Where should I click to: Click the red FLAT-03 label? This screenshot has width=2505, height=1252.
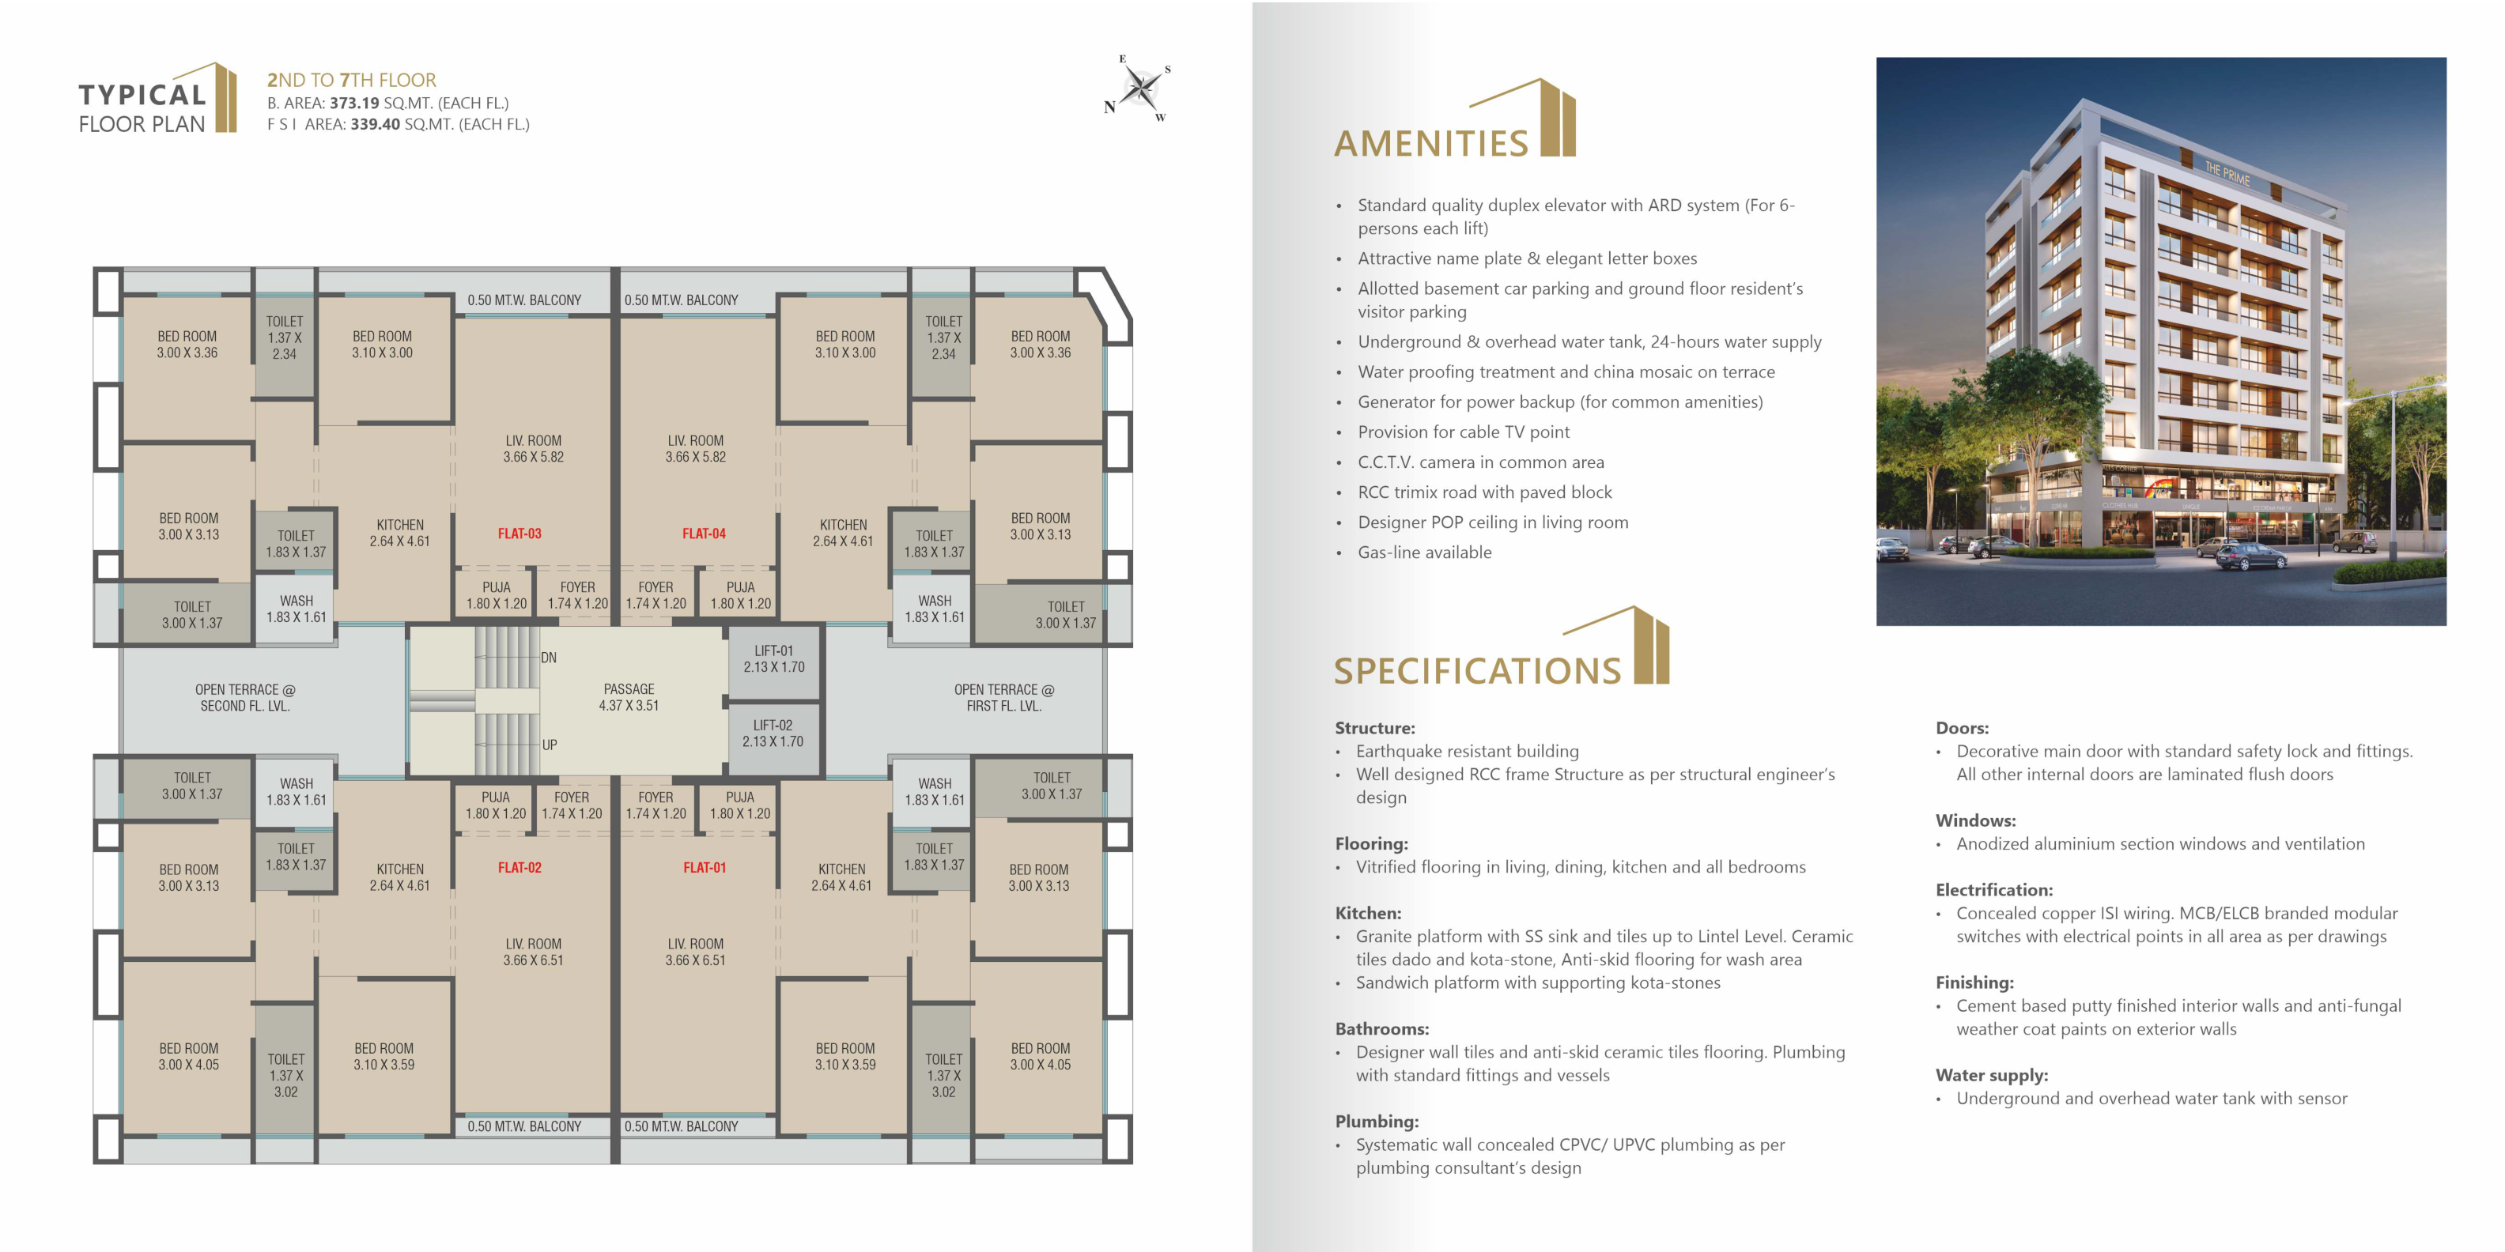pyautogui.click(x=520, y=534)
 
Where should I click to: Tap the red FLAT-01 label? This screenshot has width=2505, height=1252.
pyautogui.click(x=704, y=868)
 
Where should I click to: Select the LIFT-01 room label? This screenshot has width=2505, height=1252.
pyautogui.click(x=774, y=659)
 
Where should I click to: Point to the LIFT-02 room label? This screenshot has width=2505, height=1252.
pyautogui.click(x=773, y=733)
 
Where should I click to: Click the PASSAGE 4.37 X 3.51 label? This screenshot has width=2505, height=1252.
pyautogui.click(x=629, y=697)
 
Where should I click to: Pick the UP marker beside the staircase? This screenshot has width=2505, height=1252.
pyautogui.click(x=550, y=745)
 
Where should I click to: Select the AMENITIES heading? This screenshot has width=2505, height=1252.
pyautogui.click(x=1431, y=144)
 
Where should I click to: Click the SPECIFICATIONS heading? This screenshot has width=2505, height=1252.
pyautogui.click(x=1478, y=672)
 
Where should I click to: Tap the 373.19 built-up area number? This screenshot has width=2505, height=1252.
pyautogui.click(x=354, y=103)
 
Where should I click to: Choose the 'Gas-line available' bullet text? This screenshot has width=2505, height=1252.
pyautogui.click(x=1425, y=552)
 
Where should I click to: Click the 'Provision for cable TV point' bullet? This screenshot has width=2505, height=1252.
pyautogui.click(x=1464, y=432)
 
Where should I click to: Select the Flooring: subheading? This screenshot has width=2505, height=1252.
pyautogui.click(x=1371, y=843)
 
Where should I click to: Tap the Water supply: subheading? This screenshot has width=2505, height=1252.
pyautogui.click(x=1992, y=1075)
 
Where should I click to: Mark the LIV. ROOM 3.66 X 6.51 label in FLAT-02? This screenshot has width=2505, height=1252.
pyautogui.click(x=533, y=952)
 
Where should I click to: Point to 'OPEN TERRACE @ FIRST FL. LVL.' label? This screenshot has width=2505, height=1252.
pyautogui.click(x=1003, y=698)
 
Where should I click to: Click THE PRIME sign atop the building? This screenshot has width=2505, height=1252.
pyautogui.click(x=2227, y=174)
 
